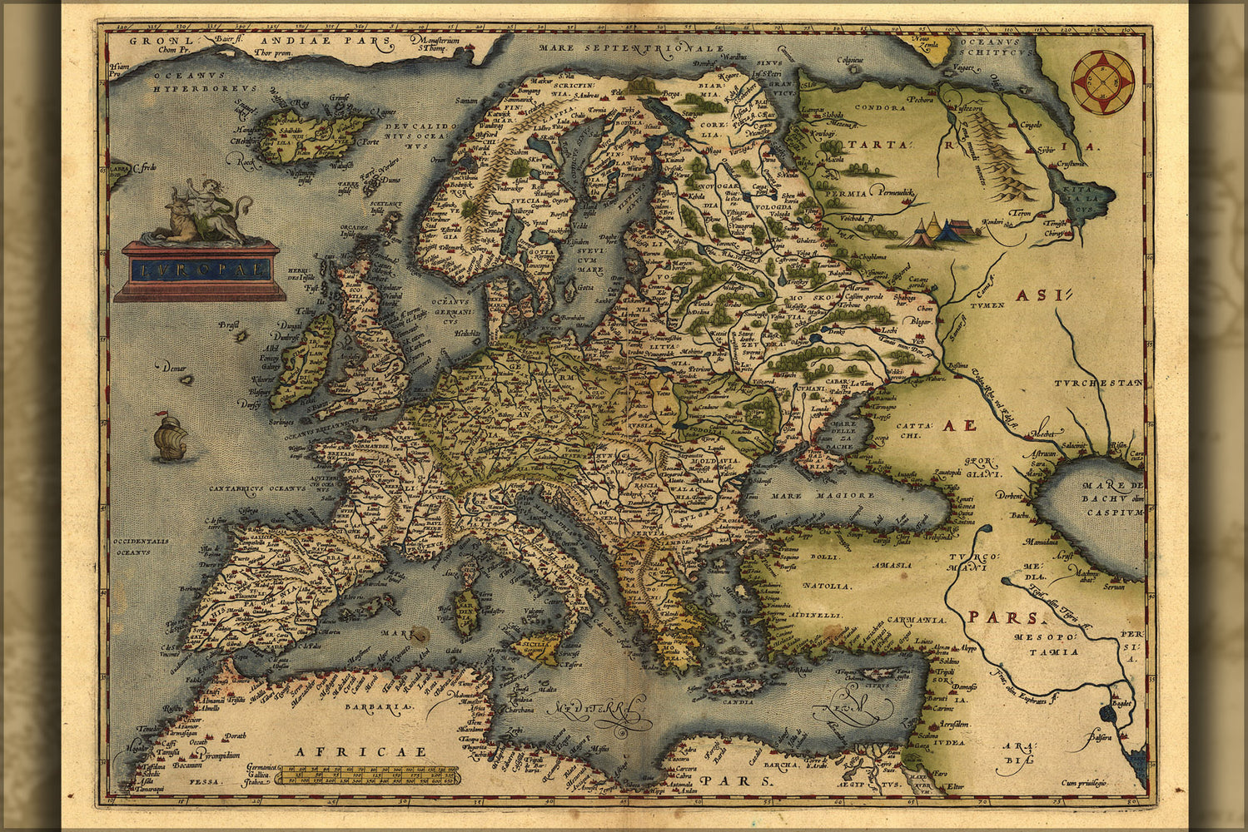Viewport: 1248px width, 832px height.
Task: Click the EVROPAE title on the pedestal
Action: pyautogui.click(x=201, y=270)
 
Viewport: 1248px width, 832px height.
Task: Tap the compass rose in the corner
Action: pyautogui.click(x=1103, y=82)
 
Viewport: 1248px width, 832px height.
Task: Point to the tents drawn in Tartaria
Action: pyautogui.click(x=939, y=230)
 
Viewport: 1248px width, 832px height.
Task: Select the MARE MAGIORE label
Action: pyautogui.click(x=833, y=495)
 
